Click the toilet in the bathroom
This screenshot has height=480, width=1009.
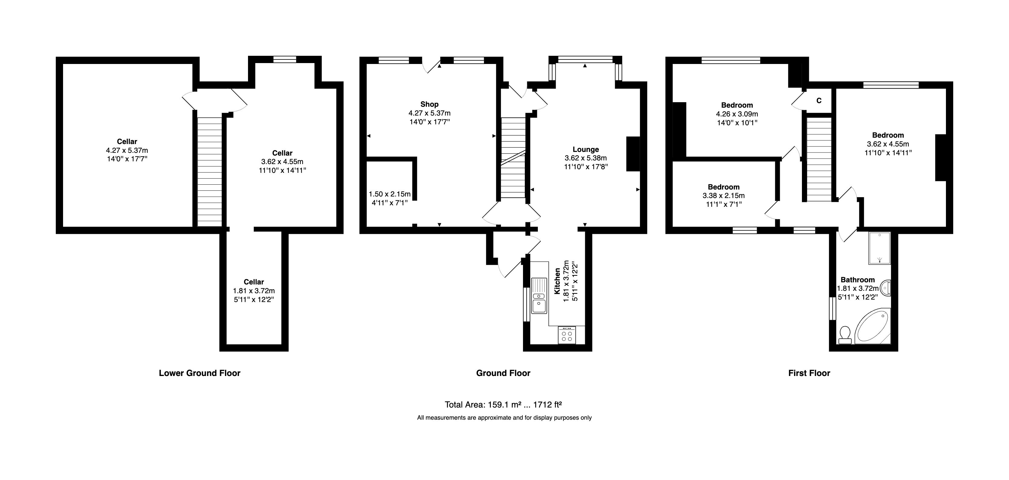coord(845,335)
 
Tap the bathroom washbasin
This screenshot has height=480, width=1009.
coord(886,288)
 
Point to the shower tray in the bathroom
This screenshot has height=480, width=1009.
coord(879,248)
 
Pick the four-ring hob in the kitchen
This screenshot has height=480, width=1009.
coord(567,335)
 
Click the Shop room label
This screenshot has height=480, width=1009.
coord(429,104)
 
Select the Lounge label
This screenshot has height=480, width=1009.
coord(585,149)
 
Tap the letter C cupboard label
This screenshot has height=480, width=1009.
coord(819,101)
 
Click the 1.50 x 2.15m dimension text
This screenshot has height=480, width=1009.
coord(389,194)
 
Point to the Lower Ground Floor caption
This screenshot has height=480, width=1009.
coord(199,373)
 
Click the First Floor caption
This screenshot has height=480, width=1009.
coord(809,373)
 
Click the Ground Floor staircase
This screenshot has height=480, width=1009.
coord(513,158)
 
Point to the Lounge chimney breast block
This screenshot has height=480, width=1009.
coord(633,154)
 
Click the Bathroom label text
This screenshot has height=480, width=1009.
coord(857,280)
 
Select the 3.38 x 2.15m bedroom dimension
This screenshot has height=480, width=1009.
coord(723,196)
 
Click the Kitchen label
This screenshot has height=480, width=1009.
coord(557,281)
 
